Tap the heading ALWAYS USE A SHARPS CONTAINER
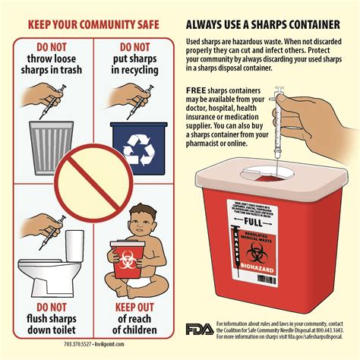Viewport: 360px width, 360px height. (262, 23)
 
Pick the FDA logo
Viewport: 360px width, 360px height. (200, 329)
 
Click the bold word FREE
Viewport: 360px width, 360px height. (196, 90)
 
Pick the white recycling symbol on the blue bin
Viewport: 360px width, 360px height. (139, 149)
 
